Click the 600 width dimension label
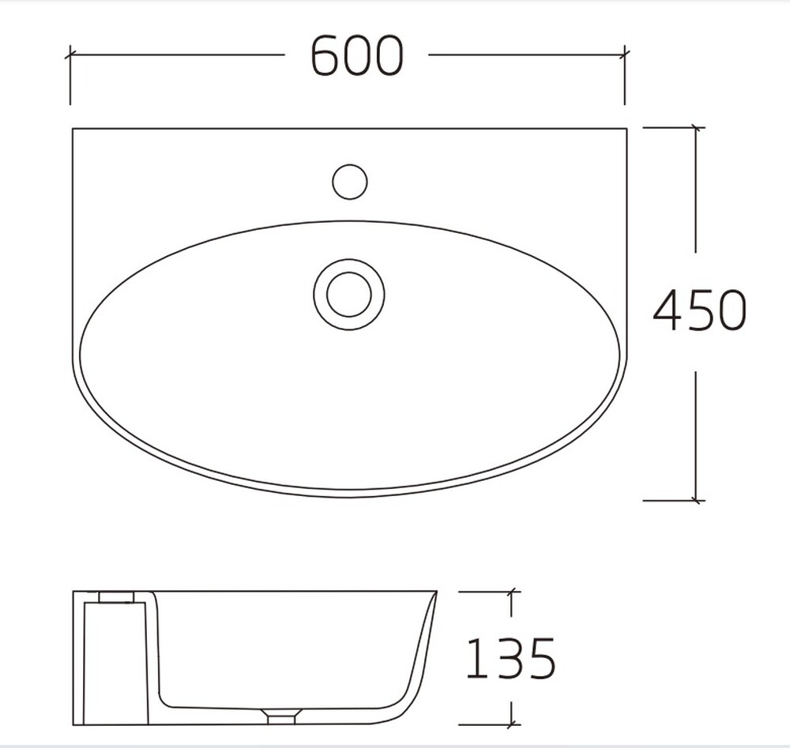point(357,56)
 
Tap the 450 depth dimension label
point(700,310)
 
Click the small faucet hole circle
point(349,182)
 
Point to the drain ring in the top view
point(349,294)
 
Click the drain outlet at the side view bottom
point(281,718)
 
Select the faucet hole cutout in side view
point(115,597)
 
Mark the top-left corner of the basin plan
point(73,129)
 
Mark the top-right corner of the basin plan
point(626,129)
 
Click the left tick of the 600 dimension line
point(70,55)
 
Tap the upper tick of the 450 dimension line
point(696,126)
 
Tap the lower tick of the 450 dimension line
point(696,500)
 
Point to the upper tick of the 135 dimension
point(512,591)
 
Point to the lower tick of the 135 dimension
point(512,724)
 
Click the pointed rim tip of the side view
point(435,592)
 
